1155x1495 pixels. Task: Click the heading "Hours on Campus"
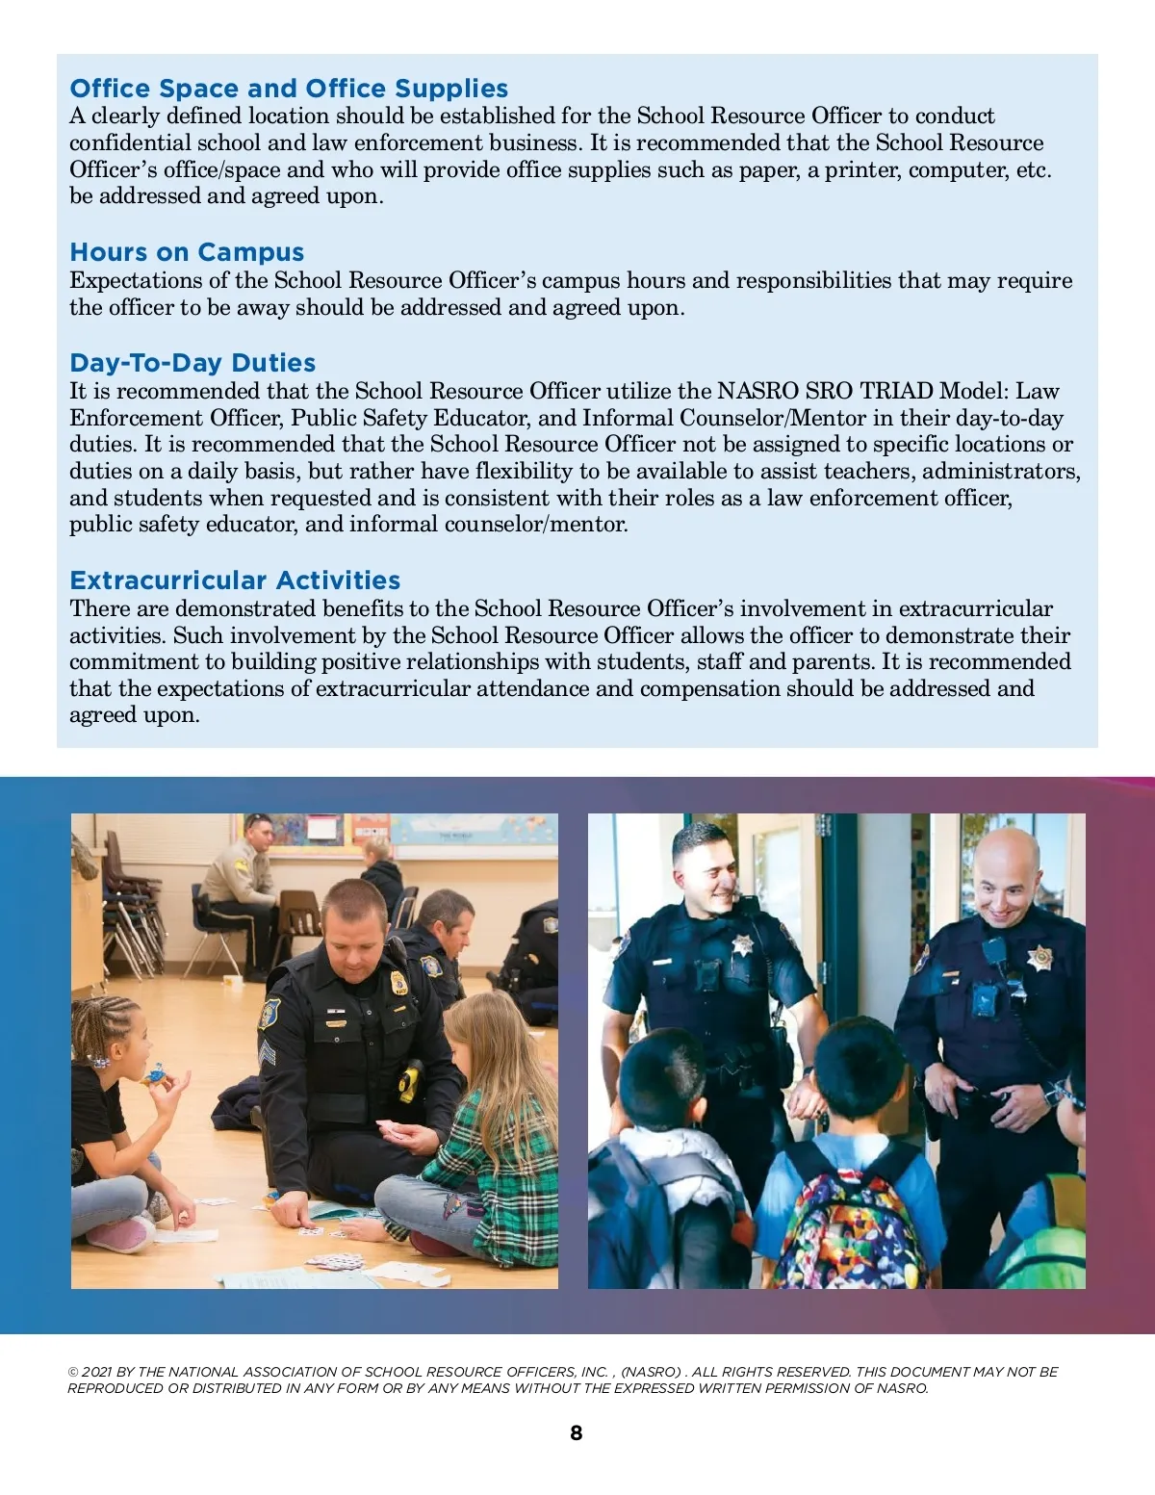(x=187, y=252)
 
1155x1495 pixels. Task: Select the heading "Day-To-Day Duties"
(x=192, y=363)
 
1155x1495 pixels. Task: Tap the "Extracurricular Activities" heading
(x=235, y=580)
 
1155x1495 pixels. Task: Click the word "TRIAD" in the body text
(x=896, y=391)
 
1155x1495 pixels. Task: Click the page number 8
(x=577, y=1432)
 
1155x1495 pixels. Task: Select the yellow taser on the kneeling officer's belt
(x=411, y=1080)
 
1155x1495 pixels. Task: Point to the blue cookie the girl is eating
(x=155, y=1073)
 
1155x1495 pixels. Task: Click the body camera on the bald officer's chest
(x=985, y=1001)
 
